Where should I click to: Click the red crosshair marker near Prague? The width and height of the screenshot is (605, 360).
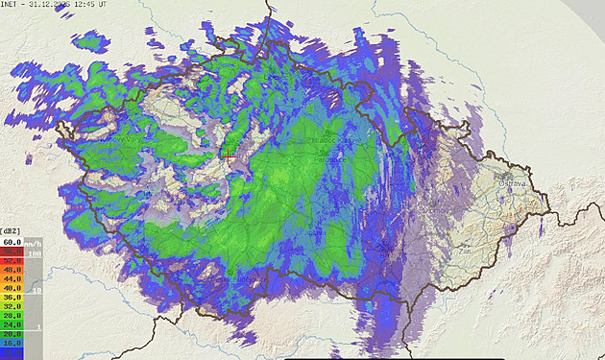pos(229,152)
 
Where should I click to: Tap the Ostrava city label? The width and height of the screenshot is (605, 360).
pos(511,181)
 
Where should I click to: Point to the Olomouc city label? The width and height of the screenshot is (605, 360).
pos(438,208)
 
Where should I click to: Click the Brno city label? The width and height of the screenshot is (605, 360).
pos(387,255)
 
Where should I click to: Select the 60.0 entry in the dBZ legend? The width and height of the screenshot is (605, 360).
pos(12,243)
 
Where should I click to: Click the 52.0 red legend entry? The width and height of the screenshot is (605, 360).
pos(12,260)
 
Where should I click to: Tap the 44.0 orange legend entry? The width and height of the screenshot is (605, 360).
pos(12,277)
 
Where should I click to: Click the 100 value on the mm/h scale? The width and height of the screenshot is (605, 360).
pos(35,253)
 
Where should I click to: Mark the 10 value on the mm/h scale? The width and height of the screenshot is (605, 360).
pos(36,289)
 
